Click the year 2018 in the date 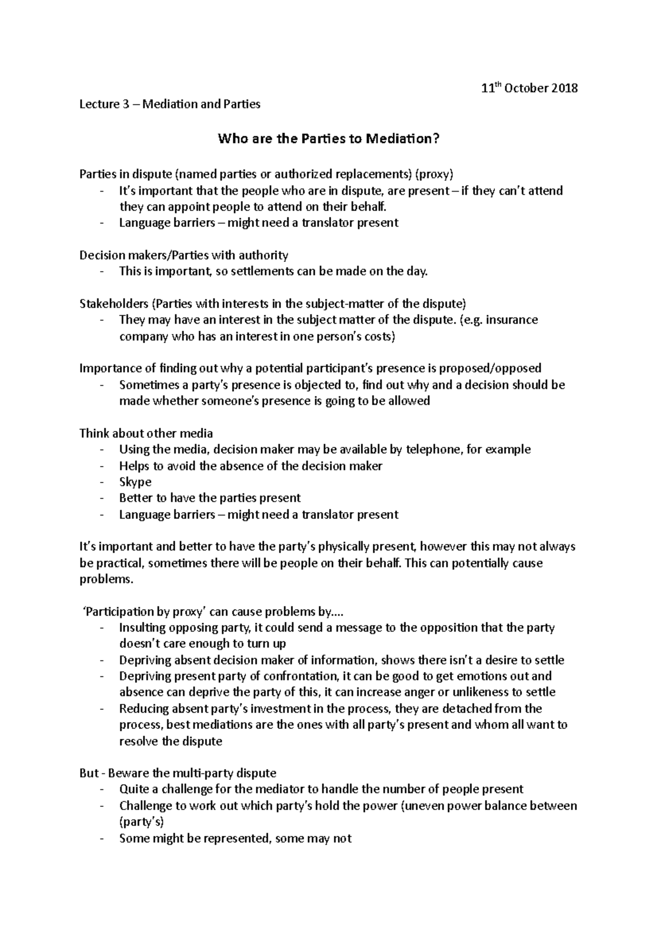pyautogui.click(x=561, y=88)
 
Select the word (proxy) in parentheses pyautogui.click(x=434, y=175)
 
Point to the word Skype pyautogui.click(x=135, y=482)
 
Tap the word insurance pyautogui.click(x=512, y=320)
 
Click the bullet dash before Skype pyautogui.click(x=102, y=482)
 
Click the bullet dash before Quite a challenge pyautogui.click(x=102, y=790)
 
